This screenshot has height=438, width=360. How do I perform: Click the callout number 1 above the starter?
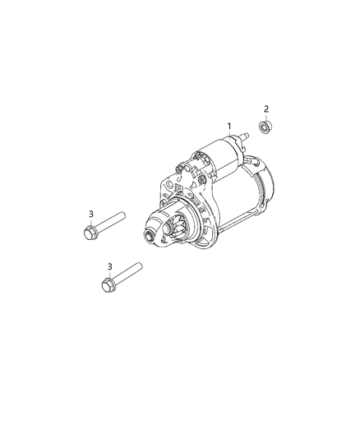click(x=230, y=125)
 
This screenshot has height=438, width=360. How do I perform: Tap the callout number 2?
click(x=266, y=108)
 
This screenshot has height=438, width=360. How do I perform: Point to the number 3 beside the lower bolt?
click(x=108, y=266)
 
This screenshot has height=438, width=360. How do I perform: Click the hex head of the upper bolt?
click(x=90, y=233)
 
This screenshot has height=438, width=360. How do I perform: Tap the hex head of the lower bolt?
click(x=108, y=285)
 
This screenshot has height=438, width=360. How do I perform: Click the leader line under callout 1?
click(x=230, y=138)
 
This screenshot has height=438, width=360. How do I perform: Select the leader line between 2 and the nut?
click(x=266, y=117)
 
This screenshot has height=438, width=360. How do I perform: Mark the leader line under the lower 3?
click(x=108, y=274)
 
